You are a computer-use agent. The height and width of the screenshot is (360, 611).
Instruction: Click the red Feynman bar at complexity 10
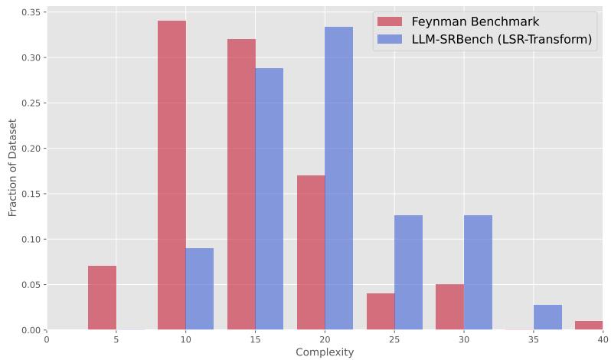(172, 175)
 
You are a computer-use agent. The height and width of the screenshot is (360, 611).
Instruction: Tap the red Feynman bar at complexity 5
(102, 298)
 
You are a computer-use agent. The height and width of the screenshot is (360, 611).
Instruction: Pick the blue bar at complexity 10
(199, 289)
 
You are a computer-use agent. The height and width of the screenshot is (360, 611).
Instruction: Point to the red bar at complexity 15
(241, 185)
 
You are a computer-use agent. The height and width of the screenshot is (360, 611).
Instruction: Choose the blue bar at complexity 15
(269, 199)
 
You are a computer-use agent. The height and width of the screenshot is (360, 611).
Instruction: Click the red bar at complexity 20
(311, 253)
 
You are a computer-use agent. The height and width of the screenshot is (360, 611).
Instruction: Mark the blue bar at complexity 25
(408, 273)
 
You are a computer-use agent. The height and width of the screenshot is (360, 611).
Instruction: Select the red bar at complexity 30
(449, 307)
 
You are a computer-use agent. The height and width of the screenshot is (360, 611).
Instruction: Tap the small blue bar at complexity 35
(547, 317)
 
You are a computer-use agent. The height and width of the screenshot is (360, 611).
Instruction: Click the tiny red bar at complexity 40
(589, 326)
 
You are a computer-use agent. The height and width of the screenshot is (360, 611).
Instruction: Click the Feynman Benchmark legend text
(475, 21)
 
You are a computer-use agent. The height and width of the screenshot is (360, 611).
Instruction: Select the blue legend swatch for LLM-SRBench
(390, 40)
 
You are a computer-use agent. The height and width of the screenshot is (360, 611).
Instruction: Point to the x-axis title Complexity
(325, 352)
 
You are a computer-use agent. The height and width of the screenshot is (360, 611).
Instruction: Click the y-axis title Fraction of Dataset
(12, 168)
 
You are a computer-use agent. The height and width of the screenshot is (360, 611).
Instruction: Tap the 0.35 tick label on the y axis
(29, 12)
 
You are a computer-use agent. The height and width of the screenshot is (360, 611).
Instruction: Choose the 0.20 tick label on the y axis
(29, 149)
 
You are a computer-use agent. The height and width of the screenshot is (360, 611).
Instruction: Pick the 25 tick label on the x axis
(394, 338)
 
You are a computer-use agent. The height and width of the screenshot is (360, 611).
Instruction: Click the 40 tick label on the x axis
(603, 338)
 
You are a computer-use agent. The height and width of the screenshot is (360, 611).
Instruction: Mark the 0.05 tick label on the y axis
(29, 285)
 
